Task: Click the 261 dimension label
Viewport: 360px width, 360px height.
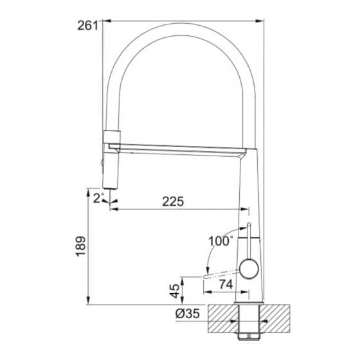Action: pyautogui.click(x=87, y=26)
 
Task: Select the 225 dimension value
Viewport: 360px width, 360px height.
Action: pyautogui.click(x=173, y=201)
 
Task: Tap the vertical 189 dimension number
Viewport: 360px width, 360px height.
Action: pyautogui.click(x=81, y=247)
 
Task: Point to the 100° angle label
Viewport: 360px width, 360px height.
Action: pyautogui.click(x=220, y=241)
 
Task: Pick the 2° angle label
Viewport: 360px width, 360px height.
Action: pyautogui.click(x=98, y=198)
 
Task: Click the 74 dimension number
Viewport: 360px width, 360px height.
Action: pyautogui.click(x=226, y=285)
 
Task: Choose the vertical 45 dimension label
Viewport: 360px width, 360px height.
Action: pyautogui.click(x=175, y=291)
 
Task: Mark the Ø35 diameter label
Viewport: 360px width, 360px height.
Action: pyautogui.click(x=188, y=314)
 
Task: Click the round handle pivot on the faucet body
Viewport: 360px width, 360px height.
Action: pyautogui.click(x=249, y=269)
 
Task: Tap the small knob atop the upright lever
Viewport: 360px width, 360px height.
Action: pyautogui.click(x=249, y=224)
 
